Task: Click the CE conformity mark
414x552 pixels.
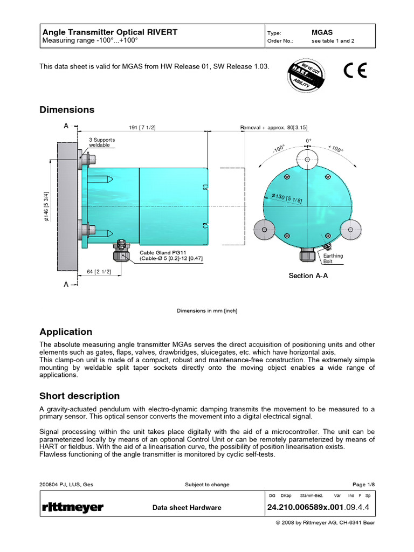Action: pos(355,71)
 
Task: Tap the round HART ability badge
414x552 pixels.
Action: pos(306,74)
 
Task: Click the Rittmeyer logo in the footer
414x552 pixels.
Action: pos(72,507)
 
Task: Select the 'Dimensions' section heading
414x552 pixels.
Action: pos(67,110)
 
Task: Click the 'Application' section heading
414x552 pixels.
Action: pos(66,332)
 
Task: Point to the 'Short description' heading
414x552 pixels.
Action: pos(80,396)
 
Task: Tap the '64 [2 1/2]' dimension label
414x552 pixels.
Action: pos(99,272)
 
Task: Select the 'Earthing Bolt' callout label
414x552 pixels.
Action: pos(333,258)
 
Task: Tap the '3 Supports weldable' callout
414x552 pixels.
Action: pos(102,143)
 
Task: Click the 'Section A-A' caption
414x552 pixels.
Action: pos(308,275)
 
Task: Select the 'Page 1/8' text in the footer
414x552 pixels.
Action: pos(363,485)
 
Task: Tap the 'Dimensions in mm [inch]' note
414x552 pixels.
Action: pos(207,310)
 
